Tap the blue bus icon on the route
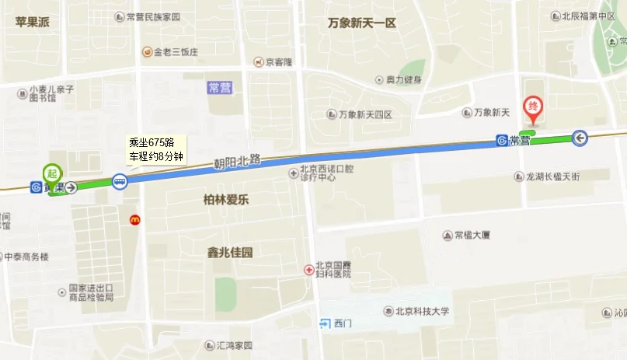120,182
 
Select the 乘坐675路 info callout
156,149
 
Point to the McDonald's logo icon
134,220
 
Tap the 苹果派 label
32,22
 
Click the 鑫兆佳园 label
230,252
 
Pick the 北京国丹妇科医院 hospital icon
308,269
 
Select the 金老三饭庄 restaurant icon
146,52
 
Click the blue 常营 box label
219,88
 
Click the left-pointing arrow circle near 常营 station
580,138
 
